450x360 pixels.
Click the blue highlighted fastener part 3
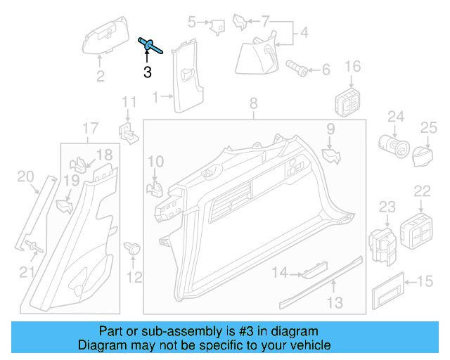point(150,46)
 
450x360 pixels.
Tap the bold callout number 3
point(147,71)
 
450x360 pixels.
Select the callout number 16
point(352,67)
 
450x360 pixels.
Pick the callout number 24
point(396,116)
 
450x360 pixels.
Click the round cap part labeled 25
point(422,154)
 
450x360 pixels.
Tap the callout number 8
point(254,105)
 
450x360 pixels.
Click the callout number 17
point(90,128)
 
